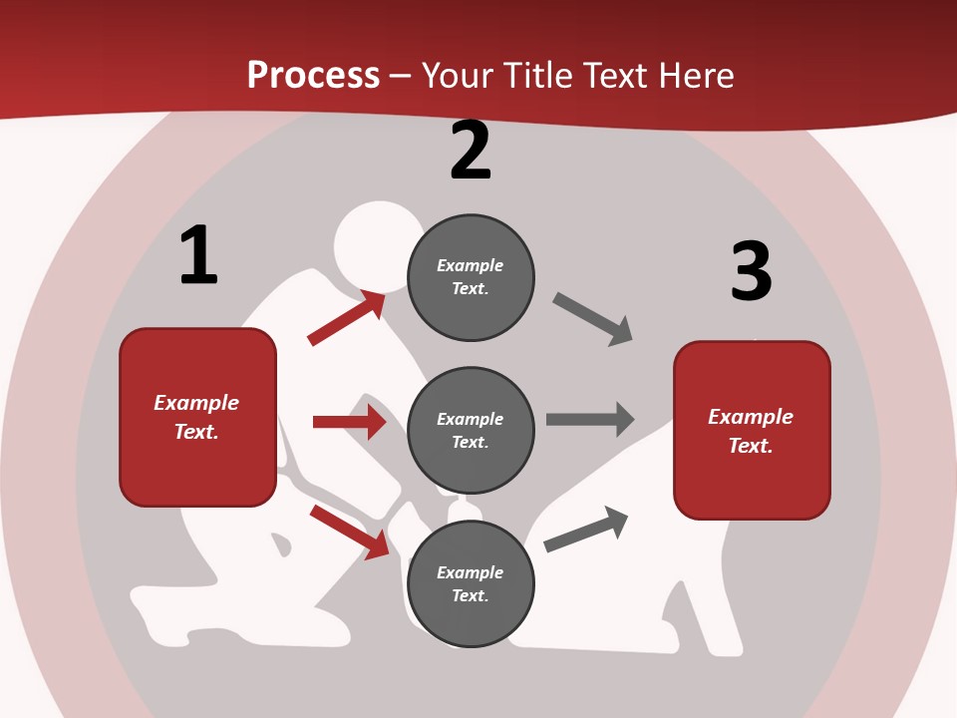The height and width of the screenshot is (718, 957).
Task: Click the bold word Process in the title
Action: point(313,76)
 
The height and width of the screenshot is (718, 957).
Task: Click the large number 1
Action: point(198,256)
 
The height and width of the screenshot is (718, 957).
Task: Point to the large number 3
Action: point(751,271)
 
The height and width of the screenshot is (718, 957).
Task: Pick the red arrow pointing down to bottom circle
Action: point(350,532)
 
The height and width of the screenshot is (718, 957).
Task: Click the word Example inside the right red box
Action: point(751,417)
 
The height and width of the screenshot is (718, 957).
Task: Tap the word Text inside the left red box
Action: point(195,432)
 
